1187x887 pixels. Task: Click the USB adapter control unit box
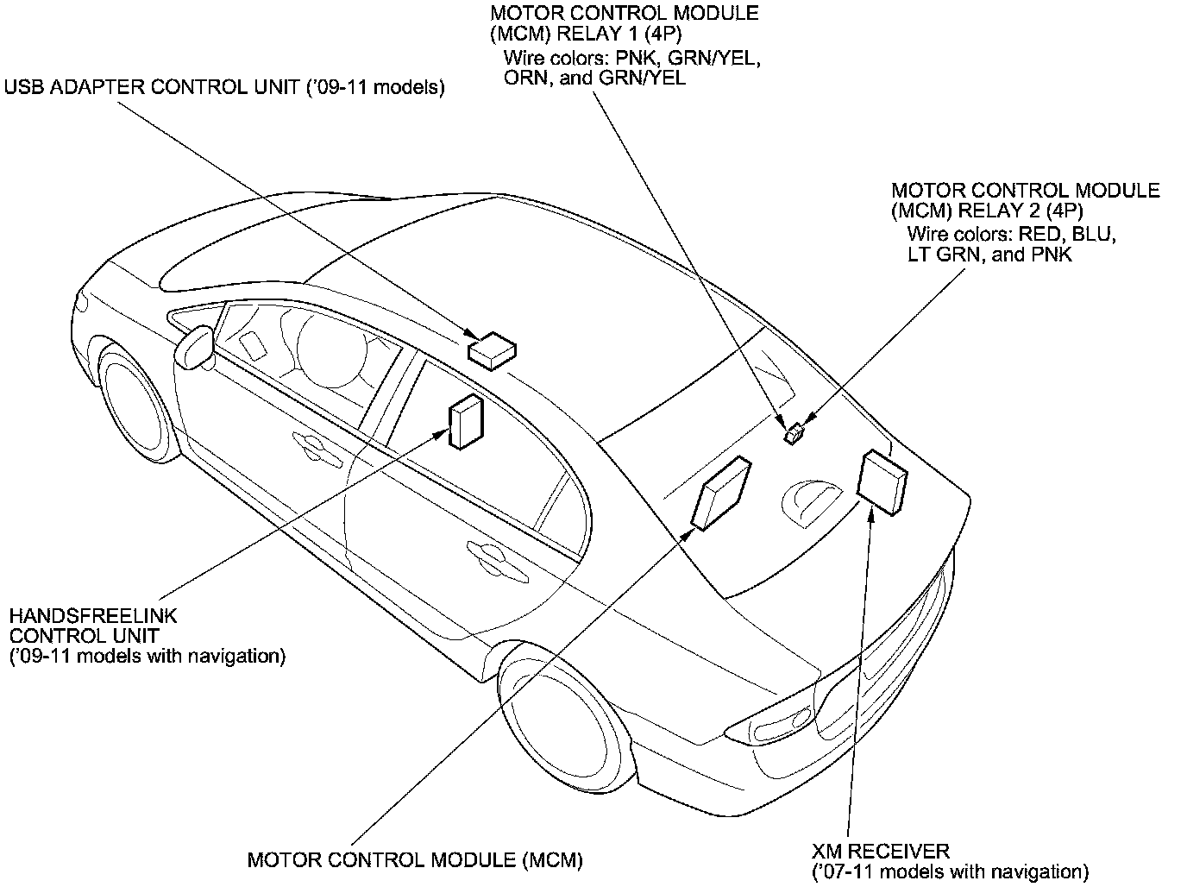tap(493, 349)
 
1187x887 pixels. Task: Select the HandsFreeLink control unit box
tap(465, 422)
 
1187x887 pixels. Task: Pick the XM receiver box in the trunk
tap(882, 482)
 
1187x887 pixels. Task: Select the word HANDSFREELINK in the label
tap(93, 616)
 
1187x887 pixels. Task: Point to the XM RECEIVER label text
tap(880, 852)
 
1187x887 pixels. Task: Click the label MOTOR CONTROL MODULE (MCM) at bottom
tap(415, 859)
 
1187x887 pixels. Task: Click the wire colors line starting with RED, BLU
tap(1012, 233)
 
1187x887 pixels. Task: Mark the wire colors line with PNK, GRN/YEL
tap(631, 58)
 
